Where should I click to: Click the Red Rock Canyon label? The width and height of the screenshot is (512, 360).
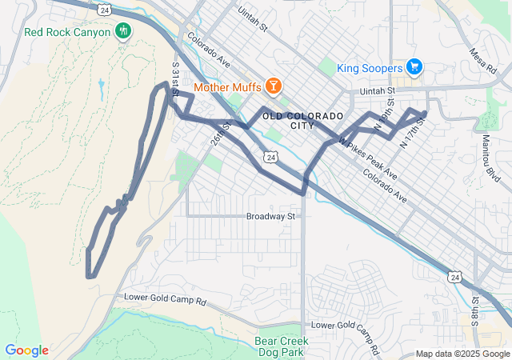point(68,33)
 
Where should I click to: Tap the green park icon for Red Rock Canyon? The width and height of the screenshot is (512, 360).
point(123,31)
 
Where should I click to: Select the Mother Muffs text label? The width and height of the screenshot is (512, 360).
point(229,84)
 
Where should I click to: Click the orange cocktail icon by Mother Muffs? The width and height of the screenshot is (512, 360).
point(274,84)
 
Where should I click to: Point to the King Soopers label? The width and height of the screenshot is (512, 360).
point(369,68)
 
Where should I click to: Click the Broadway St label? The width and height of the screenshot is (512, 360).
point(271,216)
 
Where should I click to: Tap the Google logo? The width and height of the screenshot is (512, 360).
point(26,350)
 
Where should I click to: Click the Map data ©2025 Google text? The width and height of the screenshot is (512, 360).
point(462,354)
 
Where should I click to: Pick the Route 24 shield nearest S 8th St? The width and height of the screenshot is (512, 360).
point(454,276)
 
